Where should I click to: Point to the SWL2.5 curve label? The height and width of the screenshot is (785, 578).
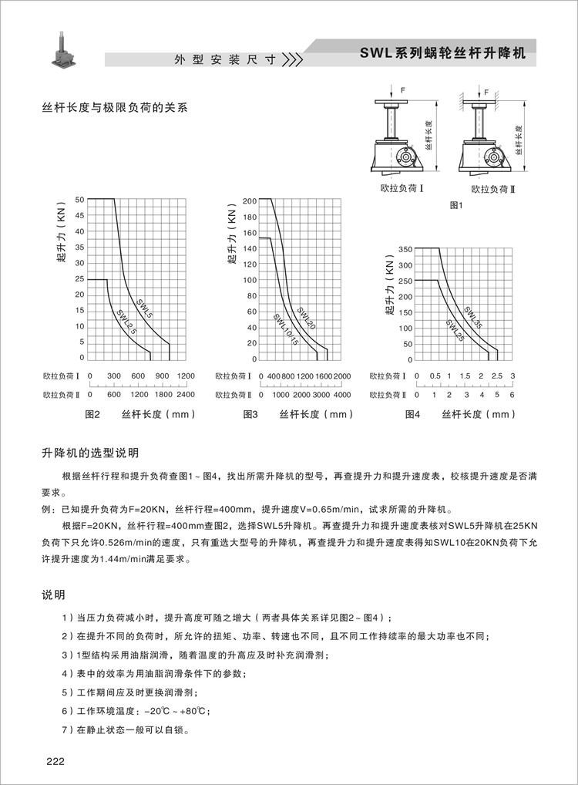coord(126,322)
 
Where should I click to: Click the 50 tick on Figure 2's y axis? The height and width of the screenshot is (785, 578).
coord(79,200)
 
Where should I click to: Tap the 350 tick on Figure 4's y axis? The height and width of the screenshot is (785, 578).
coord(406,249)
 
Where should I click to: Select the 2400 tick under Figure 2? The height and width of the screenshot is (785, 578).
coord(186,395)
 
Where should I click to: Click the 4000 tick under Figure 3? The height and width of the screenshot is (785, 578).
coord(341,395)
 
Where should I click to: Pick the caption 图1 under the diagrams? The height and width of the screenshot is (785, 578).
coord(455,206)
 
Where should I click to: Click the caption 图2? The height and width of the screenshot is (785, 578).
coord(92,414)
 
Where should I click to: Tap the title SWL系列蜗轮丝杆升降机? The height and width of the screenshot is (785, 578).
coord(442,55)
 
